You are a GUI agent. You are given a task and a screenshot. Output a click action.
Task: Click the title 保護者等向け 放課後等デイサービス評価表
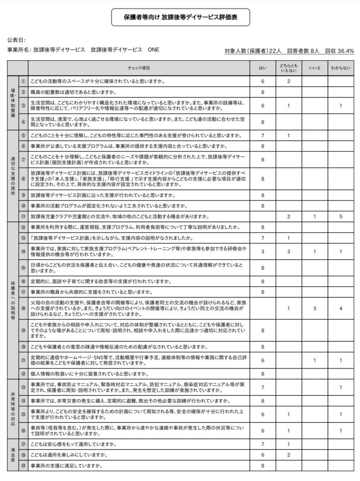point(180,17)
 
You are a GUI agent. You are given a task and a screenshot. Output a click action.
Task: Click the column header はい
point(263,68)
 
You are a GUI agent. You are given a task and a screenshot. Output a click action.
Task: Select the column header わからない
point(340,68)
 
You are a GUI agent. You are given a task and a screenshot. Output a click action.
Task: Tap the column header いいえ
point(315,68)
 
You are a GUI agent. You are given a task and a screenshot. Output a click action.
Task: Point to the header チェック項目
point(139,68)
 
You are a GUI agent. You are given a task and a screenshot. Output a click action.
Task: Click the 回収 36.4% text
point(339,51)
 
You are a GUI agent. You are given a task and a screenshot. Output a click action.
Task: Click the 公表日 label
point(16,40)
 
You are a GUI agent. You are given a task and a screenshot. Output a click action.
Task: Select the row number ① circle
point(23,81)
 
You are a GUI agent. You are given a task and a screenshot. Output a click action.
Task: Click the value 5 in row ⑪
point(340,216)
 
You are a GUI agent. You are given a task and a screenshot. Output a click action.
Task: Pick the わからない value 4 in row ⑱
point(340,309)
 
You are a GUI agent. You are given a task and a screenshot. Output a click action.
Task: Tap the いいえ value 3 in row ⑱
point(315,309)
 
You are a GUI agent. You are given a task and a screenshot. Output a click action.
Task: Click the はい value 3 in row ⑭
point(263,251)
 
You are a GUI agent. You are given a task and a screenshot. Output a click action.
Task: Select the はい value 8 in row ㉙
point(263,466)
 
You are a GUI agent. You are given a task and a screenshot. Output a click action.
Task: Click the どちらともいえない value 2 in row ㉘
point(288,455)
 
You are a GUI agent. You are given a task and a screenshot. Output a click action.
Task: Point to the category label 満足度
point(13,455)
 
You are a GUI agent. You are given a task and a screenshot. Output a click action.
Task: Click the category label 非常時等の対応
point(13,408)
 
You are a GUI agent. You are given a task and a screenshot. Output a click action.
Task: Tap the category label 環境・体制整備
point(13,103)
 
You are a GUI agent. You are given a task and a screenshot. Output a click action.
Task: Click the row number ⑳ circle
point(23,347)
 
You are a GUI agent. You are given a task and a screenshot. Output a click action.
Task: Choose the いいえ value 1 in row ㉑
point(315,360)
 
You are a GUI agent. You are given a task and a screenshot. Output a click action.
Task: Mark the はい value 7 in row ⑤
point(263,136)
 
